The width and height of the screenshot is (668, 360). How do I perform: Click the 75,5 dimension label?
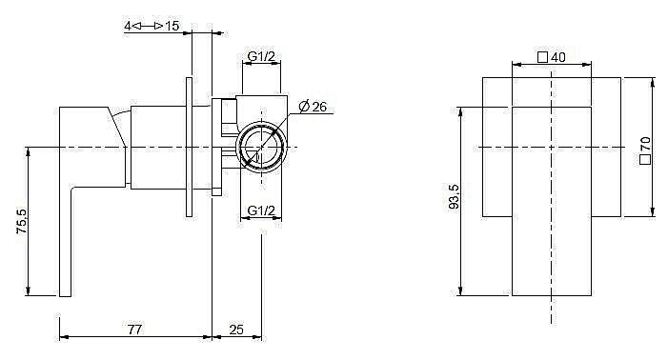[21, 221]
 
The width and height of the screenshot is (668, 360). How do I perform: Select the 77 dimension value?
[134, 330]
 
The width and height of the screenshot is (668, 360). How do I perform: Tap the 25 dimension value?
[236, 330]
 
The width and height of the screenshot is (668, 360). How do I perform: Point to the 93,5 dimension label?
[454, 196]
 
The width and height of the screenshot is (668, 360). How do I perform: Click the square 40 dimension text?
[552, 57]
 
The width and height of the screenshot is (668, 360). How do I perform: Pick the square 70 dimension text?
[645, 150]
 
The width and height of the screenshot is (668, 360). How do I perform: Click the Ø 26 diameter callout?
[313, 107]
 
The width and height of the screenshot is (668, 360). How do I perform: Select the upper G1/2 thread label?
[261, 56]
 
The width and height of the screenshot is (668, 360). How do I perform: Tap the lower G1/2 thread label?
[261, 210]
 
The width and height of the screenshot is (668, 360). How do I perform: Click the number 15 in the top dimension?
[172, 26]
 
